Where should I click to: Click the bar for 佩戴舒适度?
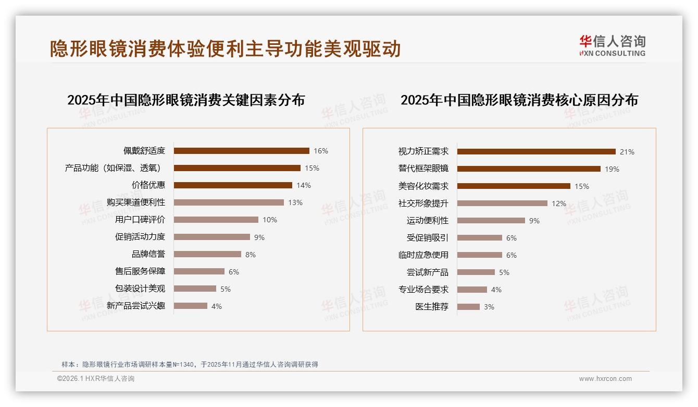[241, 151]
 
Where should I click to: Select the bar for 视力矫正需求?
[536, 152]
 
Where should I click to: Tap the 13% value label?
[295, 202]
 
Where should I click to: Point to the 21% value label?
[627, 152]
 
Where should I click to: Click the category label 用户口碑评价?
[140, 220]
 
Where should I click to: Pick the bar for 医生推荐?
[468, 307]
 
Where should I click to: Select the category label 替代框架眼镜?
[423, 169]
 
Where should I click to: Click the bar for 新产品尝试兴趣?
[190, 306]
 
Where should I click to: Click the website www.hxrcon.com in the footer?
[605, 379]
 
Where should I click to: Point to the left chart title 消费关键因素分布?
[186, 100]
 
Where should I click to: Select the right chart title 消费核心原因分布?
[519, 100]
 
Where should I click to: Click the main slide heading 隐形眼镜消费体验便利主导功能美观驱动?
[225, 49]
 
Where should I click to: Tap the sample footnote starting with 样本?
[190, 365]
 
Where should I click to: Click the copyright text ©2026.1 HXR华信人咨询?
[96, 379]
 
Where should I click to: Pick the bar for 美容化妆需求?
[514, 186]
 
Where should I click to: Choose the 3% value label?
[489, 307]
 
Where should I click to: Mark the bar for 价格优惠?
[233, 185]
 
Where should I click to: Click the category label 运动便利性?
[427, 221]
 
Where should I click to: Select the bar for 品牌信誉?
[207, 254]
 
